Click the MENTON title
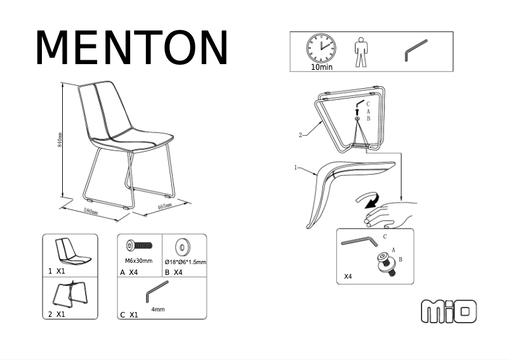(131, 48)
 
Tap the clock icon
(321, 48)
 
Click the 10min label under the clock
(322, 67)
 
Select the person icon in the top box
(361, 51)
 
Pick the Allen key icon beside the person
(416, 50)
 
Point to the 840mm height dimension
(60, 140)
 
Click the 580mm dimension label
(91, 211)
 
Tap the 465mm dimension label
(164, 206)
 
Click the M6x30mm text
(138, 261)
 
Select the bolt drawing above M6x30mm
(140, 245)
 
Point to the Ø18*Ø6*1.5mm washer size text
(185, 262)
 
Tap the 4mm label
(158, 309)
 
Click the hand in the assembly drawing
(390, 214)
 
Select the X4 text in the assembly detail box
(348, 277)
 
